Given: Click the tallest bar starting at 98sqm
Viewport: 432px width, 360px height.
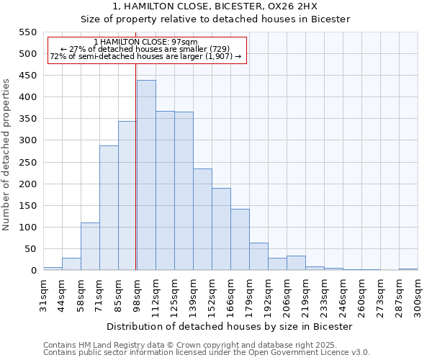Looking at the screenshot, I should (x=146, y=176).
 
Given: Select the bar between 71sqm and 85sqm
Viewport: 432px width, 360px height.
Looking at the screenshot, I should (x=109, y=208).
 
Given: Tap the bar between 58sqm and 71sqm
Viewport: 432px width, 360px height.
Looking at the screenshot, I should (x=90, y=247).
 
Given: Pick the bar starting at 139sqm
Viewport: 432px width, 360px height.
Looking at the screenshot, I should (x=202, y=220).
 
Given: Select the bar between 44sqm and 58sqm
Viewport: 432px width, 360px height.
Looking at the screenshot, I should (x=71, y=264).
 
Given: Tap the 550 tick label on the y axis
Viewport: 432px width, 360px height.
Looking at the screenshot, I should (x=27, y=32).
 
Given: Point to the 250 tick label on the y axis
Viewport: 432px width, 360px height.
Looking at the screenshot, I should (x=27, y=163).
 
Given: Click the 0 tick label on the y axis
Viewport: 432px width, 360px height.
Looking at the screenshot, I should (x=33, y=271).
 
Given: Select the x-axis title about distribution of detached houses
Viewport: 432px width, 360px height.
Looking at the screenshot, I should (x=230, y=326).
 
